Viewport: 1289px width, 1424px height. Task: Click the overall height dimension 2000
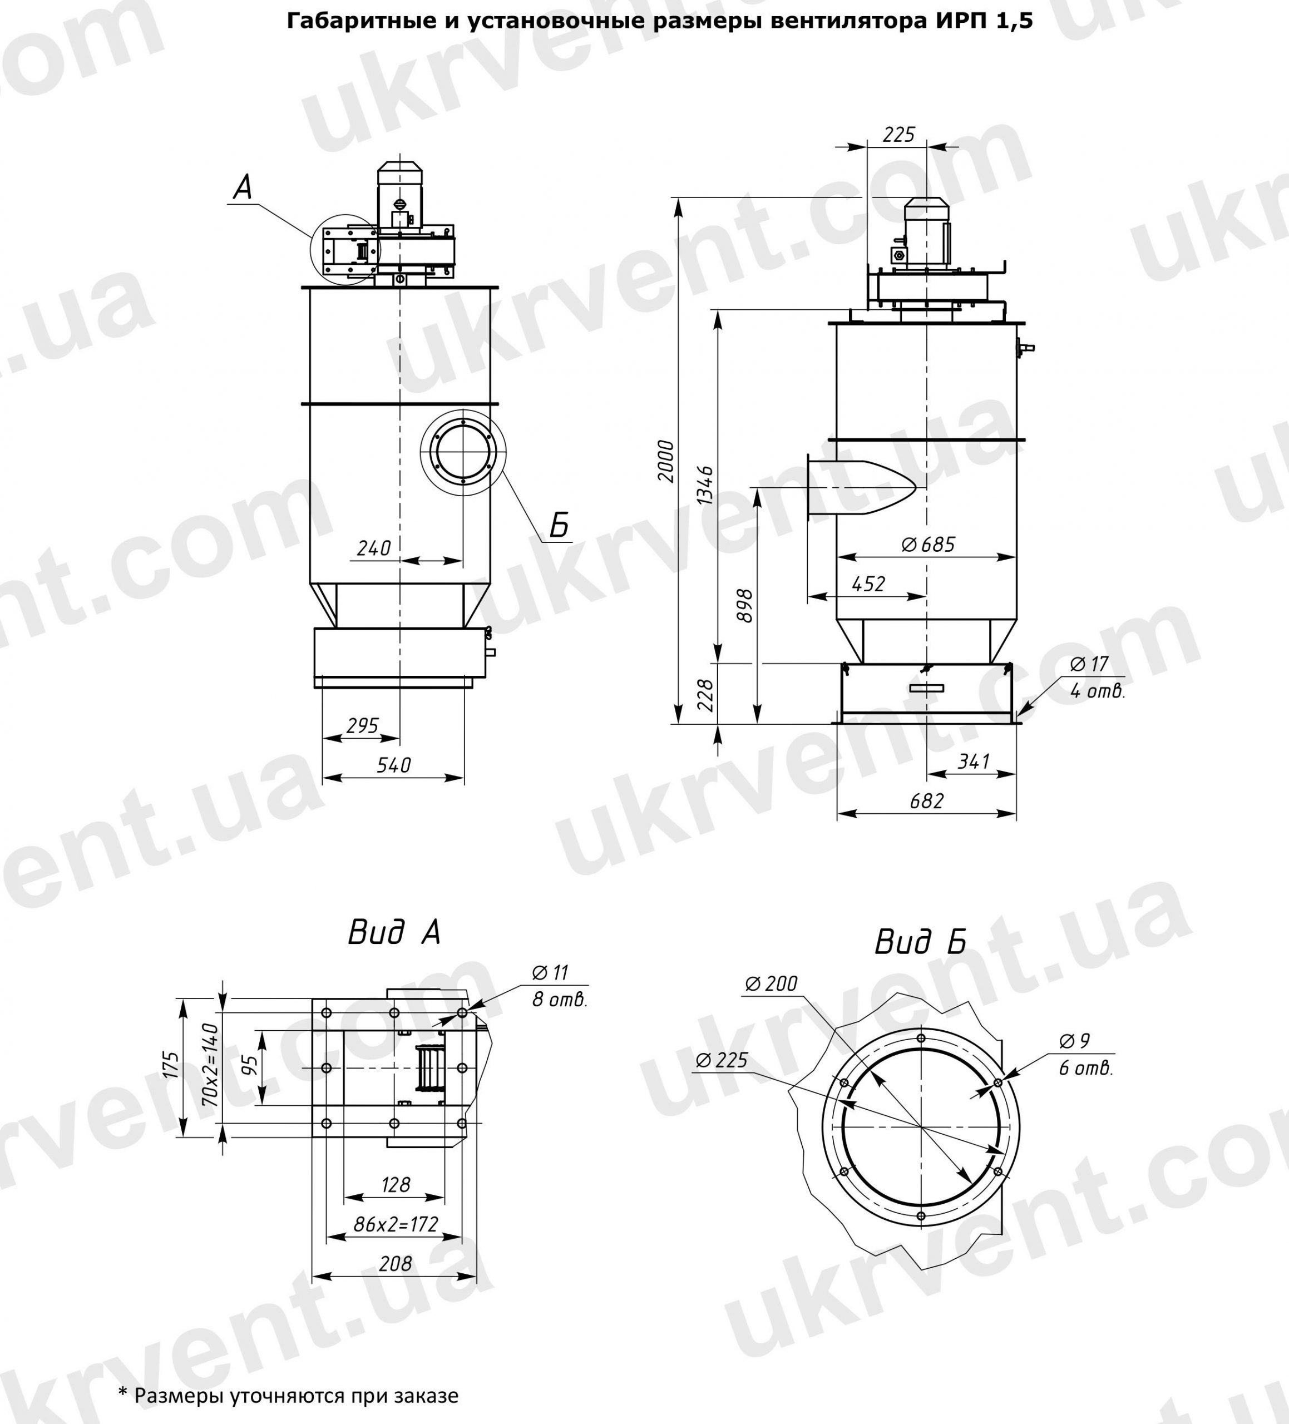(666, 461)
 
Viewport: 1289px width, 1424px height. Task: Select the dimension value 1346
(705, 485)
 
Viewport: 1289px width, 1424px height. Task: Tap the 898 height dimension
(744, 605)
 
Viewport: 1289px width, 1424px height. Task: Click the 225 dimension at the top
(898, 134)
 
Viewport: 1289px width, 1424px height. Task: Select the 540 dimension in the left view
(393, 765)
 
